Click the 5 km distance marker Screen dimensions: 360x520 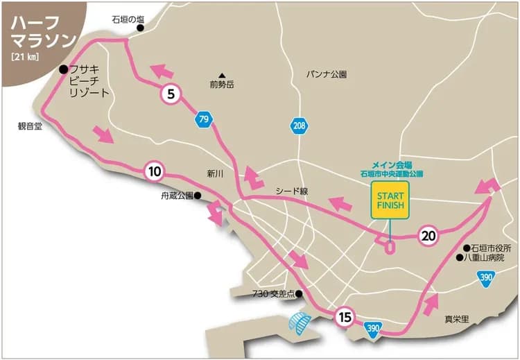click(x=170, y=94)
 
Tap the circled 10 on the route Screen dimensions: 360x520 click(x=154, y=171)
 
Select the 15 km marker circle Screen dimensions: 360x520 click(x=345, y=318)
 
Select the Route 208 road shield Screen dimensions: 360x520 click(x=299, y=126)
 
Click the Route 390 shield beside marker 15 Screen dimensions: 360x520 click(x=373, y=328)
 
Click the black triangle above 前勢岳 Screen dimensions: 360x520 click(x=222, y=76)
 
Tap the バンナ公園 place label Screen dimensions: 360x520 click(x=326, y=74)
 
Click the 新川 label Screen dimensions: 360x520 click(x=214, y=174)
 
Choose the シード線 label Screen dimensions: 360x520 click(x=291, y=190)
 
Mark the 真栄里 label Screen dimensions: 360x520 click(x=457, y=320)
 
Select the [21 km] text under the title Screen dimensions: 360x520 click(x=25, y=56)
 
